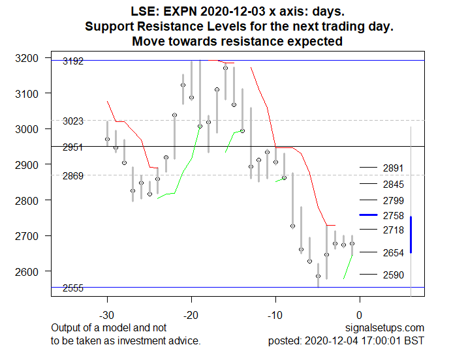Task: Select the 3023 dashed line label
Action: [72, 121]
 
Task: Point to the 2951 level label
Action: [72, 147]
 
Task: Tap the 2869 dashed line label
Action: [72, 176]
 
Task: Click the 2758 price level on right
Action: [394, 215]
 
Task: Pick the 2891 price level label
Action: [394, 168]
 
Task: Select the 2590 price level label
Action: [394, 275]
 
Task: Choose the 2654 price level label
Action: [394, 252]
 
